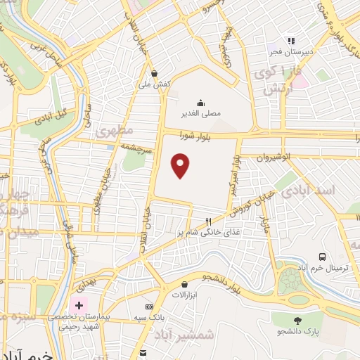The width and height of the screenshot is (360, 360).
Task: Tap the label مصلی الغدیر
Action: pos(202,112)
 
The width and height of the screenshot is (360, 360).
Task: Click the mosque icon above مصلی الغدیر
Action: pos(202,102)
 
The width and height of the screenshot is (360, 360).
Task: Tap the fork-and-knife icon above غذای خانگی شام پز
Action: pos(208,221)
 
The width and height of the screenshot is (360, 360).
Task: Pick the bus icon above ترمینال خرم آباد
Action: pos(323,257)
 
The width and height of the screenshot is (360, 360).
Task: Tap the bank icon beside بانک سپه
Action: pos(149,307)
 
